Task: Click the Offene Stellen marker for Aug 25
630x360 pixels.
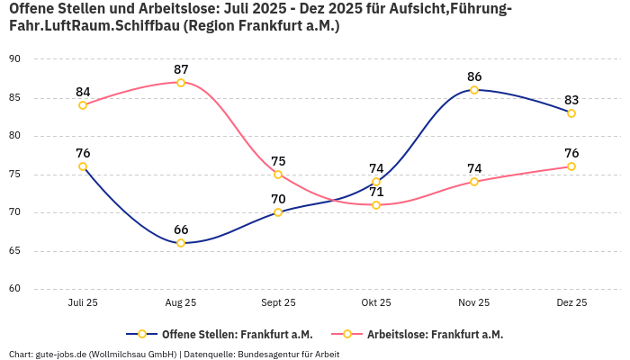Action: (181, 243)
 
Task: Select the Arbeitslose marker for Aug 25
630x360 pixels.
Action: (181, 83)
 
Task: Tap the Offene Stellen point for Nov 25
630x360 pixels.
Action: (474, 90)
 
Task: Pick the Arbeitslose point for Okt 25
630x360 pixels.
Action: (376, 205)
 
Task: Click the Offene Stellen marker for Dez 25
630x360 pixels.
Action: (571, 113)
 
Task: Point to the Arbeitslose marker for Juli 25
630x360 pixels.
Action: (83, 105)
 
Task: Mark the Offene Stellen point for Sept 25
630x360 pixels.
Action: (278, 212)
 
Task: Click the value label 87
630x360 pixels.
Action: (181, 69)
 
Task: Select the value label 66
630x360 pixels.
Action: (181, 229)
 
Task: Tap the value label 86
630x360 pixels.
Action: (474, 76)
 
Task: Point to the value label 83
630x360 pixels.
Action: (571, 100)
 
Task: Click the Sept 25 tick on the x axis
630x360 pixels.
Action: (278, 303)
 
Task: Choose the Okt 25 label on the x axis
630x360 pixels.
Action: (376, 303)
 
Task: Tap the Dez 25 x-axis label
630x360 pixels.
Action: (571, 303)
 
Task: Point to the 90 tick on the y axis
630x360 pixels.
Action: (15, 59)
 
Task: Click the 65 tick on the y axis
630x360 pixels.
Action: (15, 251)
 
